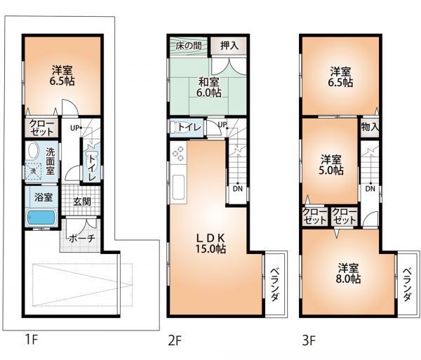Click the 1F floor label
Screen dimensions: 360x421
[31, 342]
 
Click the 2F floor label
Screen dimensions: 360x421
[174, 342]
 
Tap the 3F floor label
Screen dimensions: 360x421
[308, 342]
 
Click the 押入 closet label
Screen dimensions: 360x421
[229, 45]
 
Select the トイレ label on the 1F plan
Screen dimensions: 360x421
[91, 168]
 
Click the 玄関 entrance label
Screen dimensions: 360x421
[82, 201]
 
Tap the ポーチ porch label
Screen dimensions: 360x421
[76, 238]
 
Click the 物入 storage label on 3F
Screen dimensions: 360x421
[370, 127]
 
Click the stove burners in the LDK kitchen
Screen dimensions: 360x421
[178, 153]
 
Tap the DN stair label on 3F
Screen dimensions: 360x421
[369, 188]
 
